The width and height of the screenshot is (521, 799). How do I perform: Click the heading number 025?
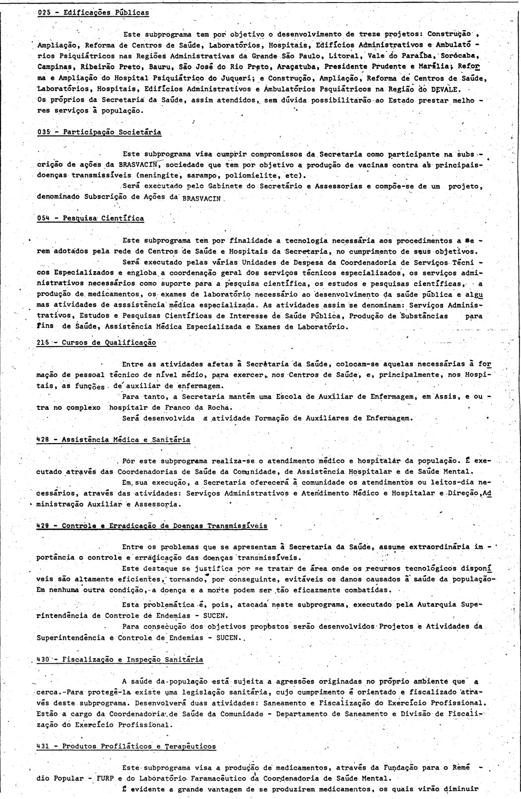coord(44,12)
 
